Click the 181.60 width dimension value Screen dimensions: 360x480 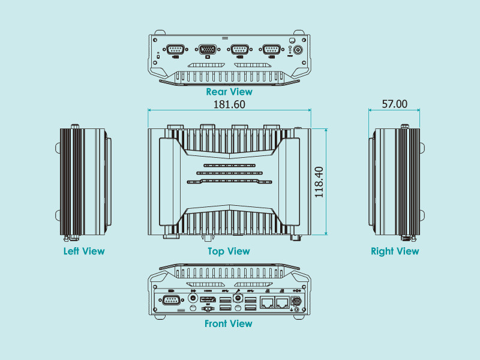coord(229,104)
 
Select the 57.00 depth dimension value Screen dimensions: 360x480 coord(394,104)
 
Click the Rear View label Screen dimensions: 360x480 coord(229,92)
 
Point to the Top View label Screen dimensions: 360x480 coord(229,251)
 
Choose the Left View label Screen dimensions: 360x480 coord(84,251)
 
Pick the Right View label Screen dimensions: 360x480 coord(395,251)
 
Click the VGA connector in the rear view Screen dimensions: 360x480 coord(208,50)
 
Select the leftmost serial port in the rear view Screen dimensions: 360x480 coord(175,50)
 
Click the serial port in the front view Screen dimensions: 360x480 coord(170,301)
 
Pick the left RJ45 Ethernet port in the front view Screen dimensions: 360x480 coord(266,302)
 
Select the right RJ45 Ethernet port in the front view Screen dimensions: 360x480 coord(281,302)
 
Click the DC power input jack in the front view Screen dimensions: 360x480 coord(295,300)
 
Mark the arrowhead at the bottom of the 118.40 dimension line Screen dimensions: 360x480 coord(326,233)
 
